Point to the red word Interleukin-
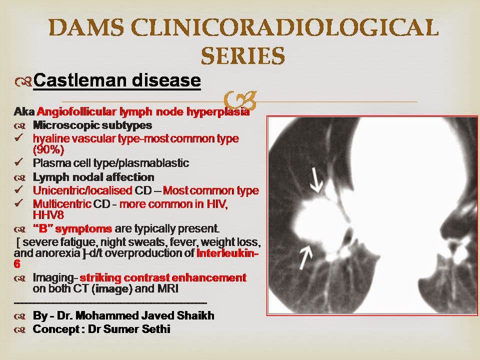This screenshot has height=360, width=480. (227, 252)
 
